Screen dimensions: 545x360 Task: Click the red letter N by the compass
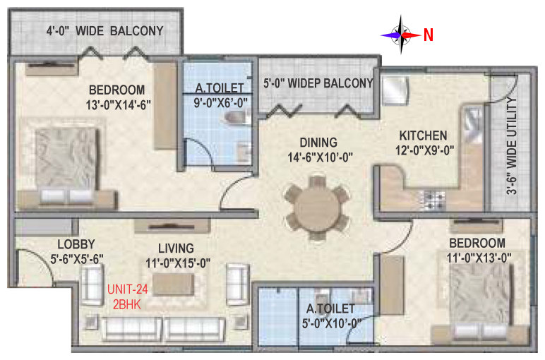[429, 35]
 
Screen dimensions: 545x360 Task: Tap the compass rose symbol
[401, 35]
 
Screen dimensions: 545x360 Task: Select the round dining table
[317, 208]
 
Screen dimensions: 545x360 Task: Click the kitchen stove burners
[433, 200]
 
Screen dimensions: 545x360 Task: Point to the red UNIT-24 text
[127, 289]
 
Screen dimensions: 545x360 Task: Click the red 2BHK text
[127, 305]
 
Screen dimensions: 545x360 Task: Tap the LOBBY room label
[76, 244]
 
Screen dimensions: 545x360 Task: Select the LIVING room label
[176, 248]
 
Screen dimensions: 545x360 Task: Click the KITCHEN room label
[423, 136]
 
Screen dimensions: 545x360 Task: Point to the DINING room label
[318, 143]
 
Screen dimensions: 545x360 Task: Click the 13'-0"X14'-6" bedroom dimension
[118, 104]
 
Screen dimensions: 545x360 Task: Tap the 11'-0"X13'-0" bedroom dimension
[479, 258]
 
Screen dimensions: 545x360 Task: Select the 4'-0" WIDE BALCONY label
[105, 31]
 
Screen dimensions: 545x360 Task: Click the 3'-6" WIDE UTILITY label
[511, 145]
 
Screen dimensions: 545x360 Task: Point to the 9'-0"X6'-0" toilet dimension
[221, 103]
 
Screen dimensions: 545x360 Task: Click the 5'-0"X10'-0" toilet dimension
[331, 323]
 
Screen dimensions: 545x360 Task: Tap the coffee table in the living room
[174, 284]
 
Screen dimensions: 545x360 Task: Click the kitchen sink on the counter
[473, 124]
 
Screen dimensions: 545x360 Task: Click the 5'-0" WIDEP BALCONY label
[318, 83]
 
